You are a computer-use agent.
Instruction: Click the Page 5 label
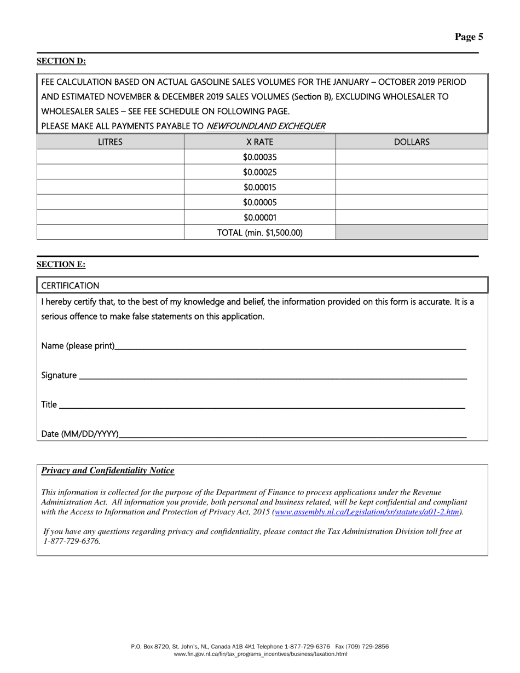pyautogui.click(x=469, y=37)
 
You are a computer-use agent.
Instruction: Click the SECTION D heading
pyautogui.click(x=61, y=61)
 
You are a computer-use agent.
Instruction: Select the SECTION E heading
pyautogui.click(x=61, y=264)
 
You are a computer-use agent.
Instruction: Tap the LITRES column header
pyautogui.click(x=110, y=142)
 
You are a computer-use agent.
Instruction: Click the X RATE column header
pyautogui.click(x=259, y=142)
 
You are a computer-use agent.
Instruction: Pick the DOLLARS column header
pyautogui.click(x=412, y=142)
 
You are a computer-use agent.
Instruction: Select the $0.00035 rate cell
pyautogui.click(x=259, y=157)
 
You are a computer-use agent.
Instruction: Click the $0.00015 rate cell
pyautogui.click(x=259, y=187)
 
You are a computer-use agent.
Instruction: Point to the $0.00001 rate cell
pyautogui.click(x=259, y=217)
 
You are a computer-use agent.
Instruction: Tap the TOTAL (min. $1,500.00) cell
pyautogui.click(x=259, y=233)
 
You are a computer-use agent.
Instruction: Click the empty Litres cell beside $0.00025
pyautogui.click(x=110, y=172)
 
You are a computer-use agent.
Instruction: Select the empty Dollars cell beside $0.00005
pyautogui.click(x=412, y=202)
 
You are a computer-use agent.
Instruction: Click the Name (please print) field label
pyautogui.click(x=78, y=346)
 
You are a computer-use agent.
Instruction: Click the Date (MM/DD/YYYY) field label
pyautogui.click(x=80, y=434)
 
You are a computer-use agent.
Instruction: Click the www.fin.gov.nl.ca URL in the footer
pyautogui.click(x=260, y=654)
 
